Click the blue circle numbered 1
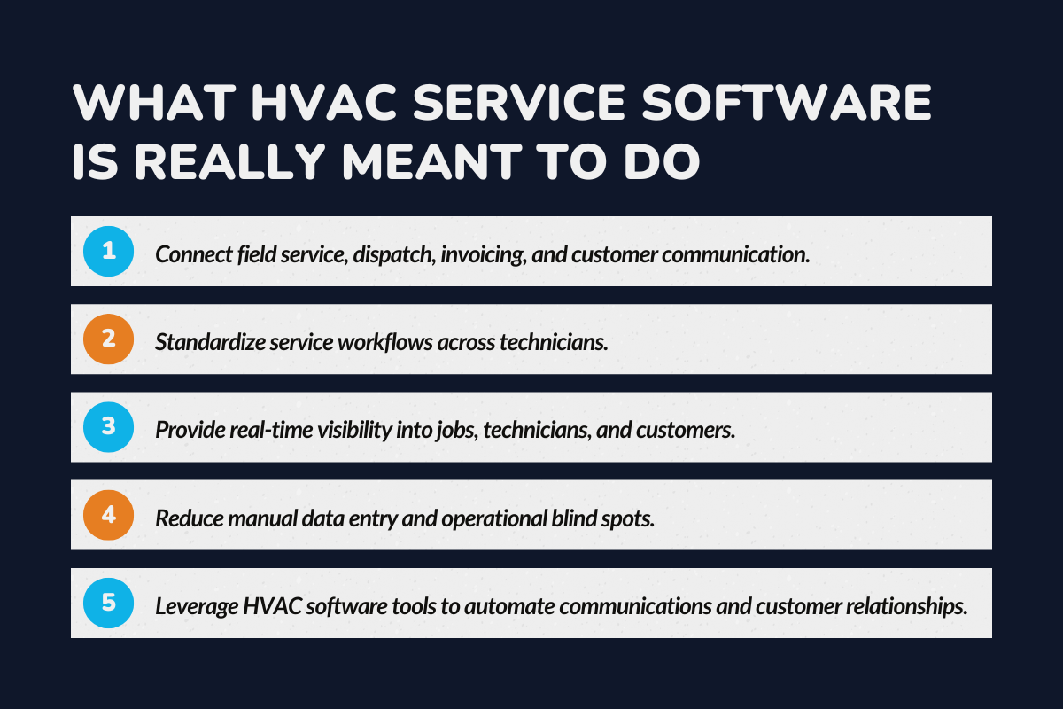click(108, 252)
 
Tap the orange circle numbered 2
click(108, 339)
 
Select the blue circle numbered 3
click(108, 427)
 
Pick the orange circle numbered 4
click(108, 515)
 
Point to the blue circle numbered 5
click(108, 603)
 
